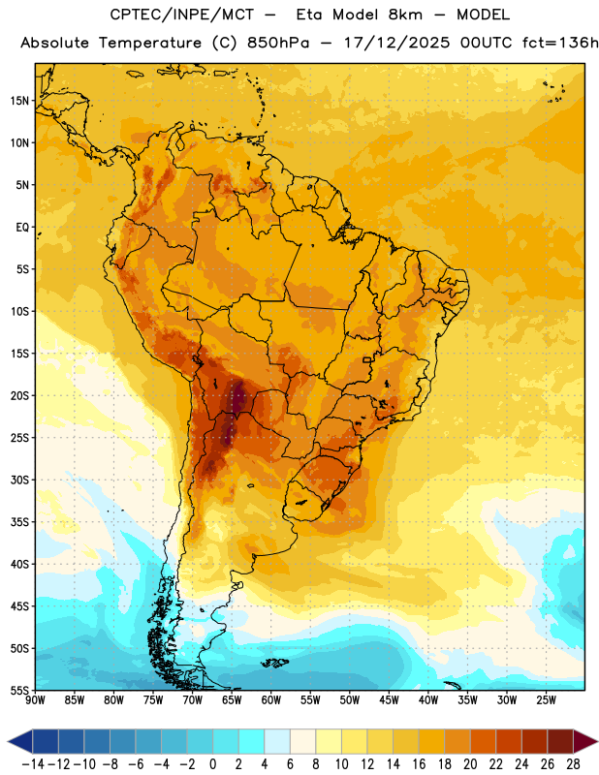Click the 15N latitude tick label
point(19,101)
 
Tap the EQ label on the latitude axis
point(22,228)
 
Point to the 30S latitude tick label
point(19,480)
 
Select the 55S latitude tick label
point(19,690)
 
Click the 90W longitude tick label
point(35,700)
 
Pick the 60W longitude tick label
point(271,700)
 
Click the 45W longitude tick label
point(389,700)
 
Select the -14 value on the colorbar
point(33,764)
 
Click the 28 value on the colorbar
point(573,764)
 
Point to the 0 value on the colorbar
point(212,764)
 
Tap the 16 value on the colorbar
point(419,764)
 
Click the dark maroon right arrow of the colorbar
point(585,741)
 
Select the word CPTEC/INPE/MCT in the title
point(182,15)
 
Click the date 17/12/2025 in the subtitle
point(396,43)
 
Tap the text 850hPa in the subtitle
point(278,43)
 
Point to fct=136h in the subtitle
point(560,43)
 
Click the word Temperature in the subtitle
point(150,44)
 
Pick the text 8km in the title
point(405,15)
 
